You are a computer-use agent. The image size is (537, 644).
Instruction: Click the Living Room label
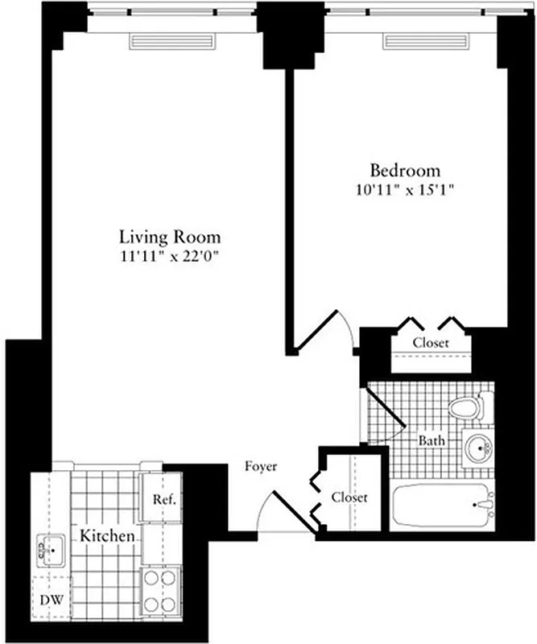tap(169, 237)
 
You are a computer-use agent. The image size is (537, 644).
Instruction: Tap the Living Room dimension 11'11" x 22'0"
tap(169, 256)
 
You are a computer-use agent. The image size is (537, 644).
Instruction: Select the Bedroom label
tap(405, 171)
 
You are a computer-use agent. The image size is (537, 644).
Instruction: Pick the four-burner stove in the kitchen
tap(159, 592)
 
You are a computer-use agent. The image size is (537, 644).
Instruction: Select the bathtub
tap(443, 505)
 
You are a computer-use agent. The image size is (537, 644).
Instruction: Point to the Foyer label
tap(262, 467)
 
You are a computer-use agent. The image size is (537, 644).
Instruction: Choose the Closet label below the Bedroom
tap(431, 343)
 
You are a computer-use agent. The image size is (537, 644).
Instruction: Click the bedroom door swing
tap(326, 330)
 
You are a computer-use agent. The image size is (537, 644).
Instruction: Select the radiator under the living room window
tap(171, 41)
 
